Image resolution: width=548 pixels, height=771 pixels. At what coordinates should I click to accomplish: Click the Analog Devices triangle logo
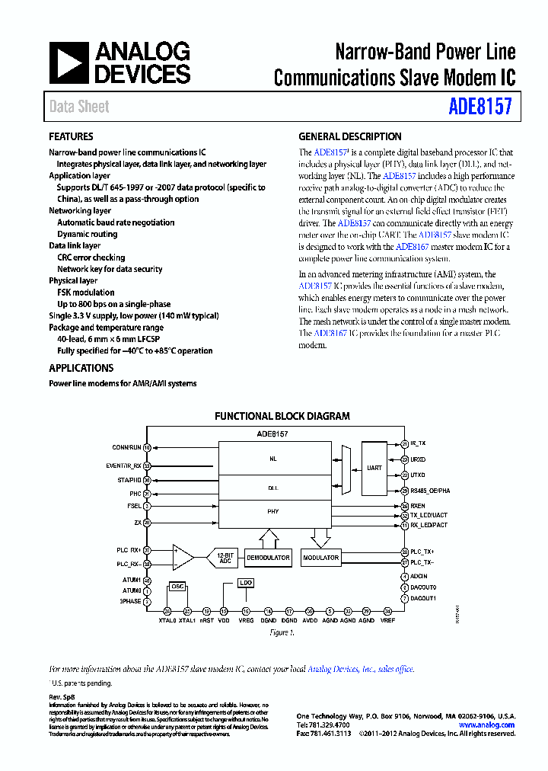[x=68, y=62]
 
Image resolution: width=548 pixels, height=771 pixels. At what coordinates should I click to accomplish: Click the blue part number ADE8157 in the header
[x=479, y=106]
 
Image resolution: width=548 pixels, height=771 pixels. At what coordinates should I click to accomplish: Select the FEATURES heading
[x=71, y=137]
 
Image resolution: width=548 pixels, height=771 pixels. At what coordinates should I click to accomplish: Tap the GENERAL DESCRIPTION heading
[x=349, y=137]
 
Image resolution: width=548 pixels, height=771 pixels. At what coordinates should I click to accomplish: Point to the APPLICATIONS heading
[x=81, y=368]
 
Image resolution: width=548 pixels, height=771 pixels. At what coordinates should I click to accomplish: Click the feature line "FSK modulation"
[x=85, y=293]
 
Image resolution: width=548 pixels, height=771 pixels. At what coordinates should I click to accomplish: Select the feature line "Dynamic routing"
[x=87, y=235]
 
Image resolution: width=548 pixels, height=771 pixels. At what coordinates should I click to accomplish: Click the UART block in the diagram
[x=374, y=468]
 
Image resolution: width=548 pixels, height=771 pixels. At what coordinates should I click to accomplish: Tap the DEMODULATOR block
[x=268, y=558]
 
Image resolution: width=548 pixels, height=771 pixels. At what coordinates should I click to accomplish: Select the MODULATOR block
[x=320, y=558]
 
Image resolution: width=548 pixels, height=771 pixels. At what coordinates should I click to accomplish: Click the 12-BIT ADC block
[x=223, y=558]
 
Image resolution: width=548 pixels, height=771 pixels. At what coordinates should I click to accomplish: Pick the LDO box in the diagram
[x=245, y=583]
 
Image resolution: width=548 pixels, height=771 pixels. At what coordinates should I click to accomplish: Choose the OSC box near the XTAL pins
[x=177, y=587]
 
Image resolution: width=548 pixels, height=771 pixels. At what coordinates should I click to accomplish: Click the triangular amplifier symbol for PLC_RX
[x=183, y=557]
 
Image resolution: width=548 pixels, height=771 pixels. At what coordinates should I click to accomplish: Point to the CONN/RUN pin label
[x=127, y=447]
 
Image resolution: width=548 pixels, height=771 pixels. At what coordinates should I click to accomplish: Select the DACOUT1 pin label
[x=424, y=598]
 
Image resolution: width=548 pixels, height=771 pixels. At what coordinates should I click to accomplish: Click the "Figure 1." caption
[x=282, y=632]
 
